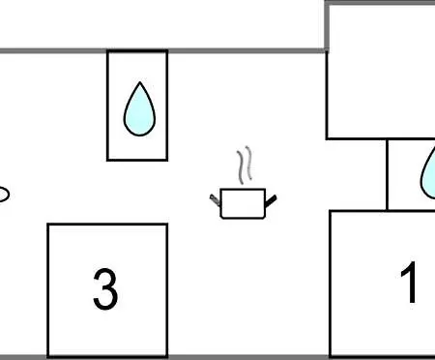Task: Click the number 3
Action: [x=105, y=289]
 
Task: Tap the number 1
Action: [x=409, y=283]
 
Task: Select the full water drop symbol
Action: [x=139, y=109]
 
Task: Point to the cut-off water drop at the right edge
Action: [x=428, y=176]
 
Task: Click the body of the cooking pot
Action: [x=243, y=204]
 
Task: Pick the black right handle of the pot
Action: [x=271, y=200]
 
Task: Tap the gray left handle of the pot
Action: [x=215, y=200]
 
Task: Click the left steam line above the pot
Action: [x=241, y=167]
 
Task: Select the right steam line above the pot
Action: [x=248, y=164]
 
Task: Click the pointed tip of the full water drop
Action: [x=140, y=82]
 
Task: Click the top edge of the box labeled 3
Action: [x=107, y=225]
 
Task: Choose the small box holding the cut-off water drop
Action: [x=411, y=174]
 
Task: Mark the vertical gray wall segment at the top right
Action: [x=327, y=26]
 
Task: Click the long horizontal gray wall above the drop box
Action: [x=162, y=50]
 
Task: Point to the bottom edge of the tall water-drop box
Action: [x=137, y=160]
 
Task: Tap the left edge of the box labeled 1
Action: [x=331, y=284]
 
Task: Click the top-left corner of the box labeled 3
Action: [x=48, y=224]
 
